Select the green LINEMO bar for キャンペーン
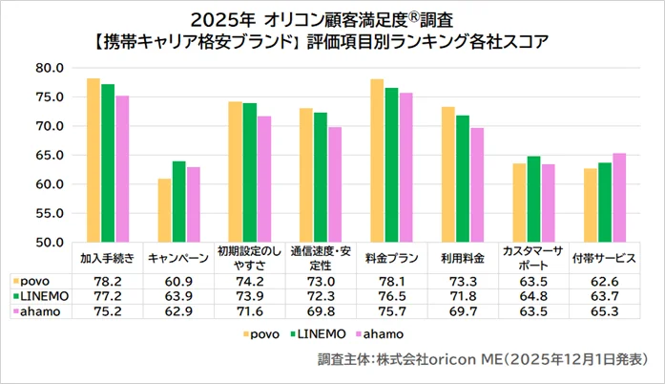(178, 202)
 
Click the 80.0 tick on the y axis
(49, 68)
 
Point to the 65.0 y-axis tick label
(49, 155)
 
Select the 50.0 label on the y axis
(49, 242)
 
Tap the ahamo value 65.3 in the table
(604, 314)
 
